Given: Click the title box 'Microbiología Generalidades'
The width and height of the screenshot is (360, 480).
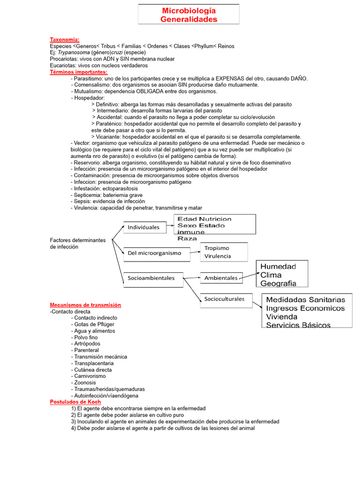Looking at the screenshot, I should [x=188, y=15].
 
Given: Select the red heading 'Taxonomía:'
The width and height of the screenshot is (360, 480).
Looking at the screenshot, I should [x=65, y=39].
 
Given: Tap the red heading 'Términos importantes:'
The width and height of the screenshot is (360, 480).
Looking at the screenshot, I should [x=79, y=72].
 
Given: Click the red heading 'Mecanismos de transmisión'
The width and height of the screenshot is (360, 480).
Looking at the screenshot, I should [x=85, y=305].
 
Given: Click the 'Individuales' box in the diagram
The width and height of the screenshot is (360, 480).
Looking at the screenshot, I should [x=144, y=228].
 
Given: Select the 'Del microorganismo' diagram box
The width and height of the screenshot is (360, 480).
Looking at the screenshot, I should [x=157, y=253].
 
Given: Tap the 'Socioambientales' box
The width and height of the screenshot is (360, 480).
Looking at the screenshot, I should [x=153, y=278].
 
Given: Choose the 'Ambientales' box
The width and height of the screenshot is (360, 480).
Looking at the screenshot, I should [x=221, y=278].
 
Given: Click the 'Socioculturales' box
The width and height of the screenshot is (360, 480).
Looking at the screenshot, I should [x=225, y=300].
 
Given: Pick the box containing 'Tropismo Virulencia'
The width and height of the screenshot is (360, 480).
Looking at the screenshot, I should [x=225, y=252].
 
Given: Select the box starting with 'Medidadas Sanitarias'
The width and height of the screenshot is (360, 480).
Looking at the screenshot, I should [x=307, y=310].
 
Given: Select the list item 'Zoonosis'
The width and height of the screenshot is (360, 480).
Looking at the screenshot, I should [x=85, y=382].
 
